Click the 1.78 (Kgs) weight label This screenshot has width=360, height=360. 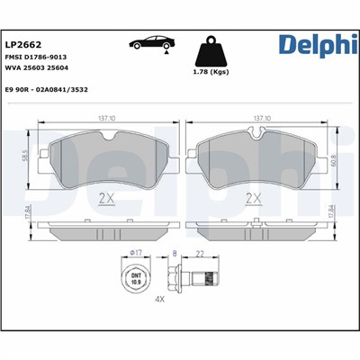click(x=211, y=75)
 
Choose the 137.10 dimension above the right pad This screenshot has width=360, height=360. click(x=263, y=117)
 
